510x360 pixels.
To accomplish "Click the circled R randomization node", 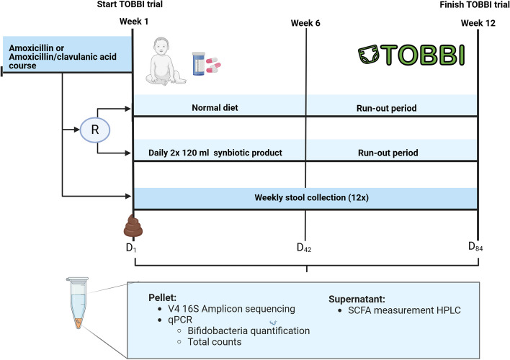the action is (95, 130).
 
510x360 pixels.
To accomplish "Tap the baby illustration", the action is (166, 61).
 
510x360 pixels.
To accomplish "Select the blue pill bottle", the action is (199, 64).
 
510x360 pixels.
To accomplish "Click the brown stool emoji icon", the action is (133, 225).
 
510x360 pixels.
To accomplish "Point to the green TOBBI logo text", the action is (423, 55).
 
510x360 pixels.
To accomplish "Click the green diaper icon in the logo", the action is (369, 55).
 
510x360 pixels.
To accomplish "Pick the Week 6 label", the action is (305, 23).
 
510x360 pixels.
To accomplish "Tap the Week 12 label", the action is (478, 23).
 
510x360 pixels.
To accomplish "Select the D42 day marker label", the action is (304, 248).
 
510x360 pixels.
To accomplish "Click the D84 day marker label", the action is (475, 246).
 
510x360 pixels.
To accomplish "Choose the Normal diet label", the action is (215, 108).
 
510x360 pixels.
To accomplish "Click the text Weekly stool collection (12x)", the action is (312, 198).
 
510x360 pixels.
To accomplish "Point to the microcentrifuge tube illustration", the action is (78, 302).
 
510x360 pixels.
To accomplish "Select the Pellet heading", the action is (162, 297).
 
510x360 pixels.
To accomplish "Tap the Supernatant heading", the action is (357, 300).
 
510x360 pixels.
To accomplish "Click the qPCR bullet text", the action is (180, 320).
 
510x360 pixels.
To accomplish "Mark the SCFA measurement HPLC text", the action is (404, 310).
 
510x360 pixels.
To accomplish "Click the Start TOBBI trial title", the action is (130, 4).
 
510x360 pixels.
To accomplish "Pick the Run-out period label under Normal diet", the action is (386, 108).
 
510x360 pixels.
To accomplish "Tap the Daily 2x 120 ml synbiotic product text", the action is (215, 153).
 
